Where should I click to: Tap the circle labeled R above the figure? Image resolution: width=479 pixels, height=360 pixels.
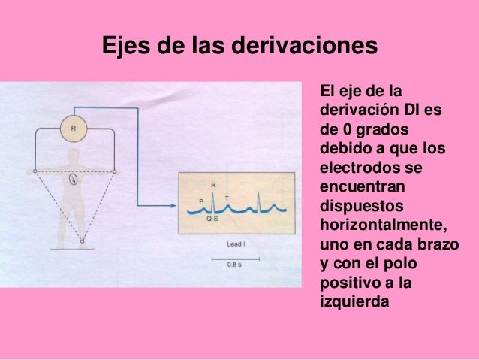(74, 128)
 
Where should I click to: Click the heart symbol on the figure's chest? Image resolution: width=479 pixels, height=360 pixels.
(74, 180)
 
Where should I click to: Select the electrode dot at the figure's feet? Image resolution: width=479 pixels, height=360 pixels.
(83, 241)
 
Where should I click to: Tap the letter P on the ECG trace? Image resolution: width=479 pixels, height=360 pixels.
(201, 201)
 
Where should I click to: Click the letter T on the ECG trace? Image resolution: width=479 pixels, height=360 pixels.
(227, 197)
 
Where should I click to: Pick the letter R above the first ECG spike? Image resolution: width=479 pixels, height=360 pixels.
(214, 183)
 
